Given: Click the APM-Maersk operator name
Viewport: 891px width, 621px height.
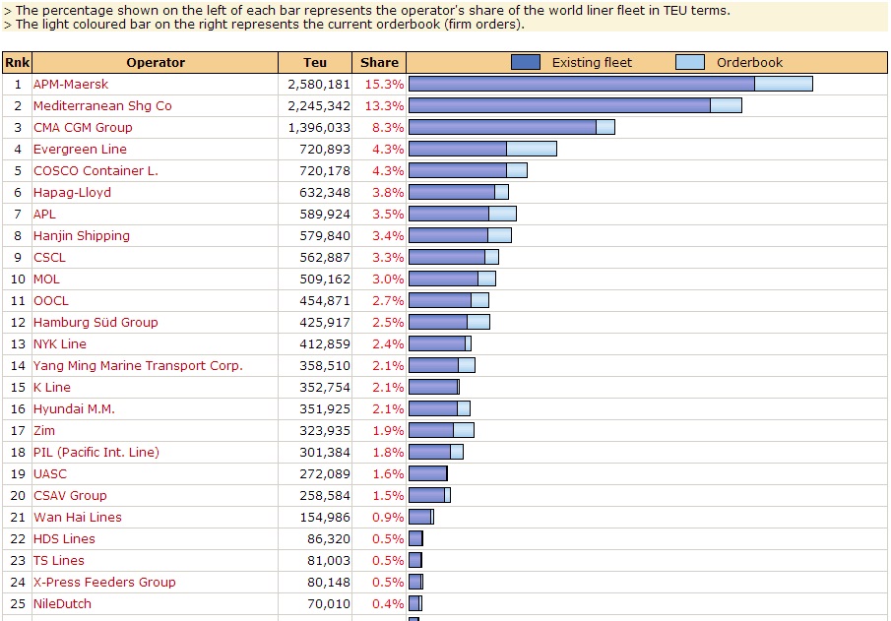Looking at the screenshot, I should pyautogui.click(x=71, y=85).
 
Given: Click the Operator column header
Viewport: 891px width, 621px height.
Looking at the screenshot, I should pyautogui.click(x=156, y=62).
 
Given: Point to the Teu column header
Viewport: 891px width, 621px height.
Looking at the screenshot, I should pyautogui.click(x=315, y=62).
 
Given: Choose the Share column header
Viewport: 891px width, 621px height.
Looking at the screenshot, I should pyautogui.click(x=379, y=62).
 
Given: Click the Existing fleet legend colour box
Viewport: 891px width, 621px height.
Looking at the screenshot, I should pyautogui.click(x=526, y=62).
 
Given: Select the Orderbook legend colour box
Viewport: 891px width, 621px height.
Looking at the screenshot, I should pyautogui.click(x=690, y=62).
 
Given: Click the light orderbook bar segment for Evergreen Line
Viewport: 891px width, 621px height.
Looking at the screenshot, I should pyautogui.click(x=532, y=149).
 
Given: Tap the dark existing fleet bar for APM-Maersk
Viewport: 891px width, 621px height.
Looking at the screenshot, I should pyautogui.click(x=581, y=84).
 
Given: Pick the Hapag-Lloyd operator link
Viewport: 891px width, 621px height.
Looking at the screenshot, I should pyautogui.click(x=72, y=193).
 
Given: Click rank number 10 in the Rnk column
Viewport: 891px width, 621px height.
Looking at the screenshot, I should pyautogui.click(x=17, y=279).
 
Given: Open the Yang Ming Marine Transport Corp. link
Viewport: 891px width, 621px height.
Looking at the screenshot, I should pyautogui.click(x=138, y=366).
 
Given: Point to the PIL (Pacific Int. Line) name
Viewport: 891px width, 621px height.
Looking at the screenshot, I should pyautogui.click(x=95, y=453).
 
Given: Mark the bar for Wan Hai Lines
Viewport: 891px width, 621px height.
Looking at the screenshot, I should pyautogui.click(x=420, y=517).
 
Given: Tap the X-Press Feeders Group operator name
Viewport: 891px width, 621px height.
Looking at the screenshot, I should pyautogui.click(x=104, y=583).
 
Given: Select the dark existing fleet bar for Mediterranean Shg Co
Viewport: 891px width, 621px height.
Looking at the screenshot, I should pyautogui.click(x=559, y=105).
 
